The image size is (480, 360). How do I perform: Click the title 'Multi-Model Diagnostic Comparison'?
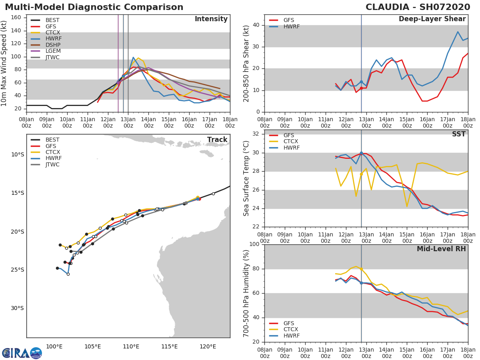pyautogui.click(x=94, y=7)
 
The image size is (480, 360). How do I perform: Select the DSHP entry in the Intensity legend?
pyautogui.click(x=53, y=45)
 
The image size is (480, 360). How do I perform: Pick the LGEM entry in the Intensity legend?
pyautogui.click(x=53, y=51)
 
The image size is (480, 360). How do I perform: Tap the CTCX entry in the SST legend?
pyautogui.click(x=291, y=142)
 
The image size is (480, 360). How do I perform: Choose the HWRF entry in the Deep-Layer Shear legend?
pyautogui.click(x=292, y=26)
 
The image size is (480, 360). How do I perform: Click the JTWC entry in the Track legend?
pyautogui.click(x=52, y=164)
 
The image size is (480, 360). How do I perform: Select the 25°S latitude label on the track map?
pyautogui.click(x=18, y=270)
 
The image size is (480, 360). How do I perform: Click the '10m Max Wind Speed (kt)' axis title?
pyautogui.click(x=4, y=63)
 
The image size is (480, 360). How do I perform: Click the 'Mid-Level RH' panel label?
pyautogui.click(x=441, y=249)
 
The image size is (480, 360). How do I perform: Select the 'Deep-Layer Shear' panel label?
pyautogui.click(x=432, y=19)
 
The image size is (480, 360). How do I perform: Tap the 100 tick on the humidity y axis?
pyautogui.click(x=255, y=244)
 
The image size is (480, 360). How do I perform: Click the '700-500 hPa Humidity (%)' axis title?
pyautogui.click(x=246, y=293)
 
